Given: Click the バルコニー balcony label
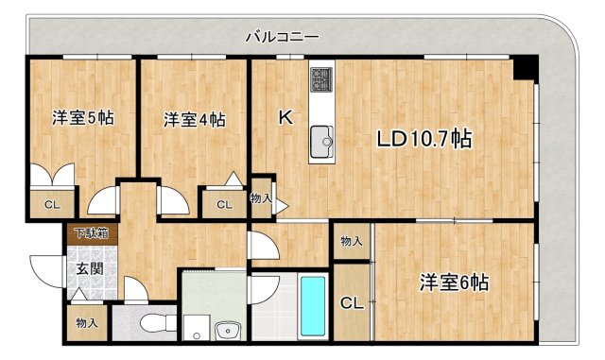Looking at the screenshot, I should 282,38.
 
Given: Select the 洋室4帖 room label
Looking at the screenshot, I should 194,120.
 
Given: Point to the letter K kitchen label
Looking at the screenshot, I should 284,118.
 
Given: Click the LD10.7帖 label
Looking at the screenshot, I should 424,140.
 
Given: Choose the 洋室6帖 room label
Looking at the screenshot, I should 455,282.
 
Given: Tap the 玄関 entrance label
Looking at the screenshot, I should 90,267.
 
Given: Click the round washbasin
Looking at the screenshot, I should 227,330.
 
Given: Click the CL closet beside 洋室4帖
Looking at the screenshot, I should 224,204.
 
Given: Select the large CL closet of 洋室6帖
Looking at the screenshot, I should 351,304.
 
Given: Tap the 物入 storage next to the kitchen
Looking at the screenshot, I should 261,198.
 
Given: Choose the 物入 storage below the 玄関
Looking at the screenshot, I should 87,323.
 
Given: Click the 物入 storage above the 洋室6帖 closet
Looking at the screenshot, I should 351,242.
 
